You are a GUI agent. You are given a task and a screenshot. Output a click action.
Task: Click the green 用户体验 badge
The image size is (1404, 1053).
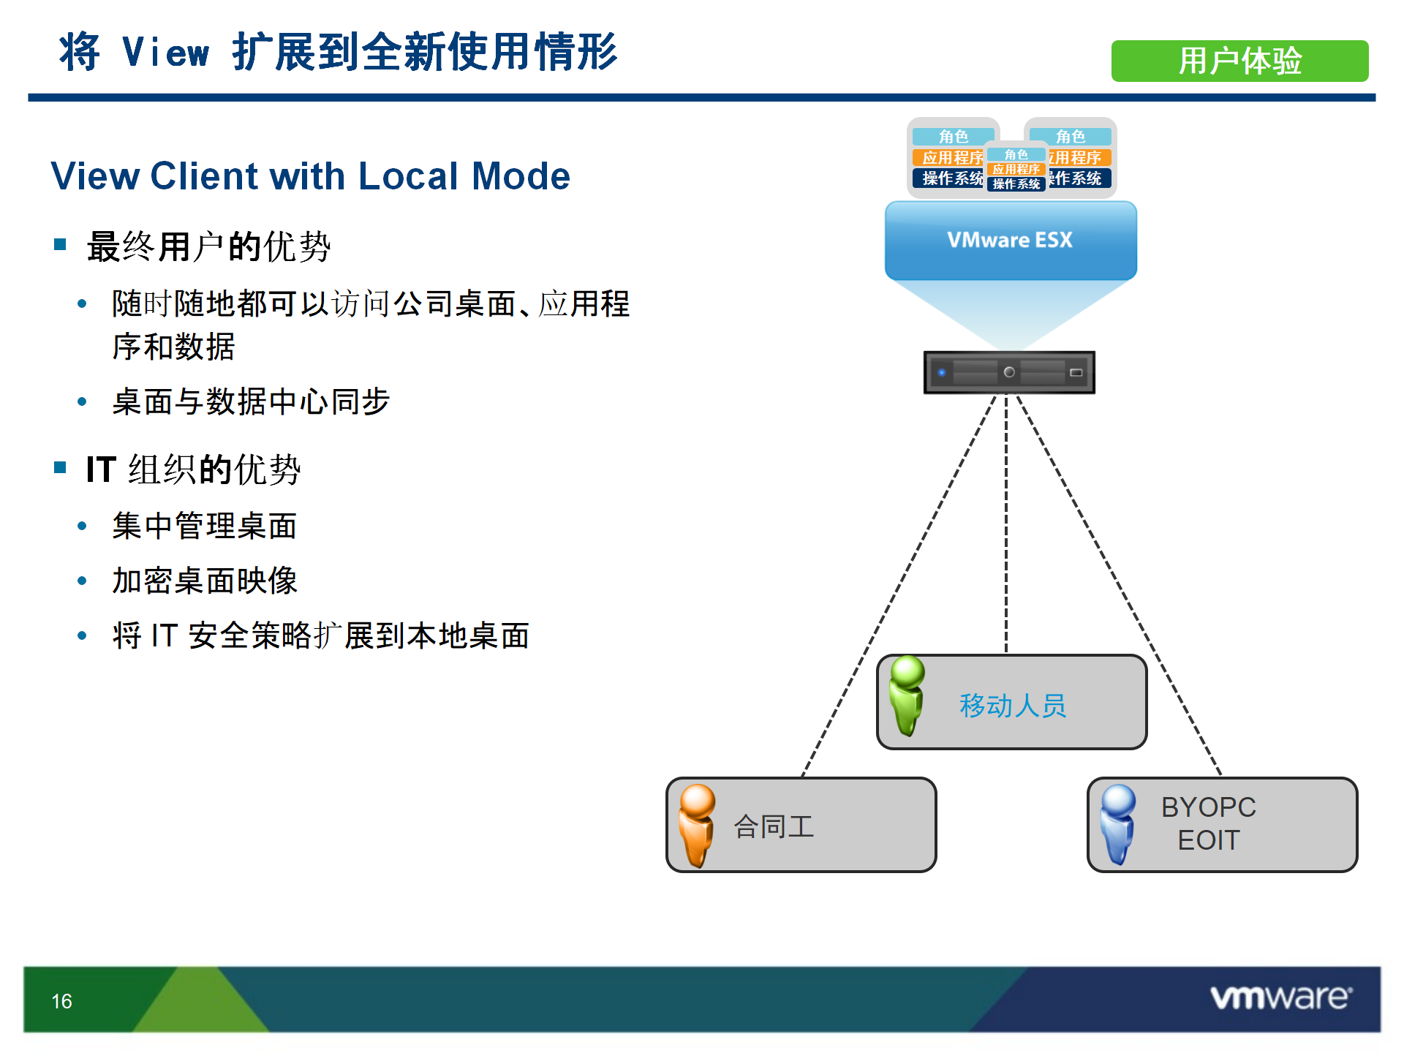click(1239, 61)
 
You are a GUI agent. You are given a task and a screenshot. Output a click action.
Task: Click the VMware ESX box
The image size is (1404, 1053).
click(1011, 241)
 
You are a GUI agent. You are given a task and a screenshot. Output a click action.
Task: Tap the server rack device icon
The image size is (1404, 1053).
click(1009, 372)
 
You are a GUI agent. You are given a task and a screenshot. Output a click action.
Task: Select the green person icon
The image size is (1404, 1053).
click(907, 695)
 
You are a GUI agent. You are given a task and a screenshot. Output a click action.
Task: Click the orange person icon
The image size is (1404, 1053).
click(697, 826)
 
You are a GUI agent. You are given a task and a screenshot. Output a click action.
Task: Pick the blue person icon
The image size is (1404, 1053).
click(1117, 824)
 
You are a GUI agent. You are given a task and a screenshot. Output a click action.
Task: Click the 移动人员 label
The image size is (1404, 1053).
click(1013, 706)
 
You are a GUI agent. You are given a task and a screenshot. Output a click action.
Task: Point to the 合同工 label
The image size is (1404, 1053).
click(774, 827)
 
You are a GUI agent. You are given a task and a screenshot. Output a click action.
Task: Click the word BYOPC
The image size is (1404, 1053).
click(1209, 807)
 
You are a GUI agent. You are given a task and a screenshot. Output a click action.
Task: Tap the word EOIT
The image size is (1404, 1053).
click(1209, 840)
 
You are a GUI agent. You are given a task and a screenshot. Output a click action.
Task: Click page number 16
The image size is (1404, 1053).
click(61, 1001)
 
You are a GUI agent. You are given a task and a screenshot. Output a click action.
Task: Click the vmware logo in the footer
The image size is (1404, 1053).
click(1281, 997)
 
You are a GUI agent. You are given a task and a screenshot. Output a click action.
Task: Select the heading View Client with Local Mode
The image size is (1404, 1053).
click(310, 176)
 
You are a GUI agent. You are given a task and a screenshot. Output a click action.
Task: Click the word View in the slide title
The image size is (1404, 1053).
click(166, 53)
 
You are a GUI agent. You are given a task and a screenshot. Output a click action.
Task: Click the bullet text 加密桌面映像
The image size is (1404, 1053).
click(205, 581)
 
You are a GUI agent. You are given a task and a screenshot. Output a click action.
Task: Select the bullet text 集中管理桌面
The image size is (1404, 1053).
click(205, 526)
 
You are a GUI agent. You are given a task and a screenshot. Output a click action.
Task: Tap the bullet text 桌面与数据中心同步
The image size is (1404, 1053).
click(251, 401)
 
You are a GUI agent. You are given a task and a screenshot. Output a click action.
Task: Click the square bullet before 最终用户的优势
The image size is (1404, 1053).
click(60, 244)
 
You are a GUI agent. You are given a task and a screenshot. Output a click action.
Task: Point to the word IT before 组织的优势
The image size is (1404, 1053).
click(101, 469)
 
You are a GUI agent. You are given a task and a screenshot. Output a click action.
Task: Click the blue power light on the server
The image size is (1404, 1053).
click(942, 373)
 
